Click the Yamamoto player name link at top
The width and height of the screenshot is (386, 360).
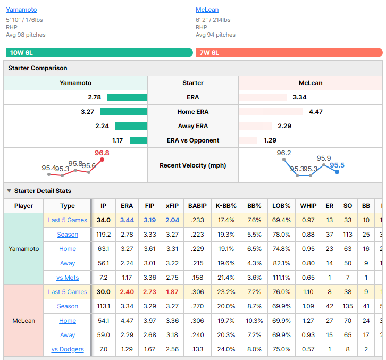pyautogui.click(x=21, y=10)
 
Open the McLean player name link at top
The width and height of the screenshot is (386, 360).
pyautogui.click(x=207, y=10)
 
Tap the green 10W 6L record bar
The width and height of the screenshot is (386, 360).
pyautogui.click(x=99, y=53)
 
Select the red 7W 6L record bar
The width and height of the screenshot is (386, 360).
pyautogui.click(x=289, y=53)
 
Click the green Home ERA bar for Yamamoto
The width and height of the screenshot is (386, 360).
pyautogui.click(x=124, y=112)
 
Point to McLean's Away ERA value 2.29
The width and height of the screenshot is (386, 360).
pyautogui.click(x=284, y=126)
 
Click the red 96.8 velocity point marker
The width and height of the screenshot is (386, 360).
pyautogui.click(x=102, y=160)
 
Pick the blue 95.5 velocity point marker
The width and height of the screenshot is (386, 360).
pyautogui.click(x=337, y=172)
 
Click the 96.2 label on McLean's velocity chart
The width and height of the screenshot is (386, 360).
pyautogui.click(x=283, y=153)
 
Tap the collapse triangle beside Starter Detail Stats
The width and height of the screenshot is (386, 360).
pyautogui.click(x=9, y=191)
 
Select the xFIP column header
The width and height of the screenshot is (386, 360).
pyautogui.click(x=172, y=206)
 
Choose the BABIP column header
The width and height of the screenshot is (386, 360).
pyautogui.click(x=197, y=206)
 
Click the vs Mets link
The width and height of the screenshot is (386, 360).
pyautogui.click(x=68, y=278)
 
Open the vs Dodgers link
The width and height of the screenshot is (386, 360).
pyautogui.click(x=68, y=349)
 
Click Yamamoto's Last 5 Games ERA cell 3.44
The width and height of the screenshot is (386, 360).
pyautogui.click(x=127, y=220)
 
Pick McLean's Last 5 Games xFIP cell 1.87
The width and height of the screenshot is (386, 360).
pyautogui.click(x=172, y=292)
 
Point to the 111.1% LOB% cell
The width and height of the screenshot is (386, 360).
pyautogui.click(x=281, y=278)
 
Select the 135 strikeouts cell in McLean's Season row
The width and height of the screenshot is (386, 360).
pyautogui.click(x=348, y=306)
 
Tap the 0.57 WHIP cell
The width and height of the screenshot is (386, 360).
pyautogui.click(x=308, y=349)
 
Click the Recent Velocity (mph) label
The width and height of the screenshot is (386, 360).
pyautogui.click(x=193, y=165)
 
